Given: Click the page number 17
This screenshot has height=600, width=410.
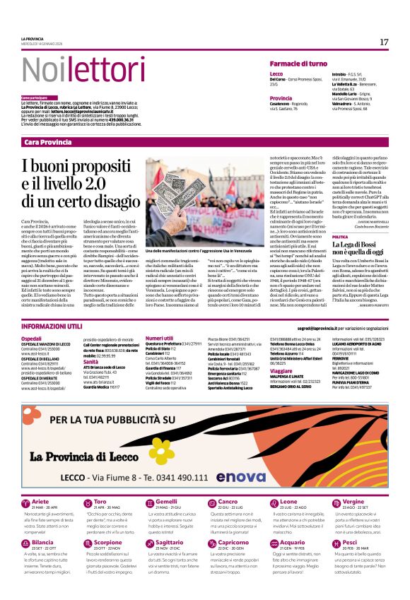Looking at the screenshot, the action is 384,42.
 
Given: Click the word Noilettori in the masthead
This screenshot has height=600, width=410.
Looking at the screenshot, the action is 74,69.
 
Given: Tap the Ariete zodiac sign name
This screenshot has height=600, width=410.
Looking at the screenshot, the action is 41,481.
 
